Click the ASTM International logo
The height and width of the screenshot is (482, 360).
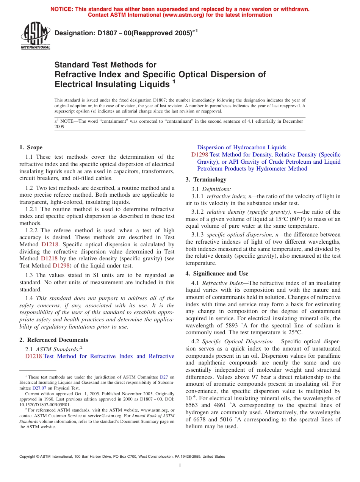[x=35, y=35]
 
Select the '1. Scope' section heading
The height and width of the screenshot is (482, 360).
[x=31, y=147]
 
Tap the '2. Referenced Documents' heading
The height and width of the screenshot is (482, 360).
[x=54, y=340]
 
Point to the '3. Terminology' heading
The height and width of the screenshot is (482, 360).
[x=206, y=180]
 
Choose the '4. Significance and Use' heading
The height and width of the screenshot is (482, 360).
[x=217, y=274]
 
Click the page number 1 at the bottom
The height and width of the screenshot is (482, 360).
[x=180, y=466]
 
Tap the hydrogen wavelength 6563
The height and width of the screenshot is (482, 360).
[x=192, y=405]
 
